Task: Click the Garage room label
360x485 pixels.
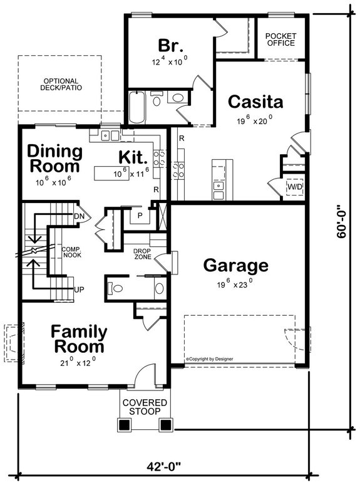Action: (x=236, y=266)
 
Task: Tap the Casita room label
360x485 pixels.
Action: (x=255, y=102)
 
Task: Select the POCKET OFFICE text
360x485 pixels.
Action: (x=280, y=39)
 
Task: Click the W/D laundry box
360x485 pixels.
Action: (x=294, y=187)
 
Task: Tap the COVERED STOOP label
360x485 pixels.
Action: (x=145, y=406)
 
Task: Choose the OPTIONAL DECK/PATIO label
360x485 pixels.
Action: (x=61, y=84)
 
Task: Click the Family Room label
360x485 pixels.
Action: (x=79, y=338)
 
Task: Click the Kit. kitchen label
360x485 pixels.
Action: (x=133, y=156)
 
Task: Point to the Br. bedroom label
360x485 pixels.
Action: (x=170, y=45)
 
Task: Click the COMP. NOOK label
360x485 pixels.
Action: (x=71, y=253)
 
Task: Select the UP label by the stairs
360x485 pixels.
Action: (x=80, y=289)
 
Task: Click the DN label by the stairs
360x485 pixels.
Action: (x=80, y=216)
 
